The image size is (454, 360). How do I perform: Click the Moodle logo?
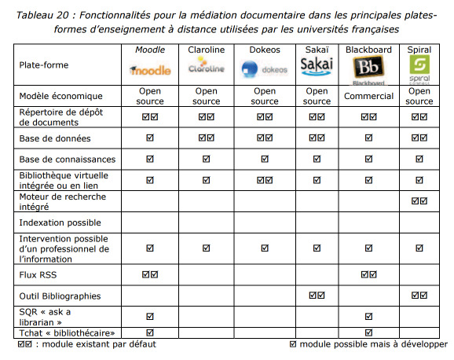150,70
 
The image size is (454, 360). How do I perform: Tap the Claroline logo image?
206,65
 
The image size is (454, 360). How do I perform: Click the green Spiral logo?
419,68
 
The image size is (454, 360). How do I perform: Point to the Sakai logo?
317,66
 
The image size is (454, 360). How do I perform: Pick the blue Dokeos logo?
264,70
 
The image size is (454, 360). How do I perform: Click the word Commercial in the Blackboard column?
368,96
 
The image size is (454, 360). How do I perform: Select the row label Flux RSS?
38,275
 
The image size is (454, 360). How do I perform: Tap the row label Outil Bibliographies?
60,296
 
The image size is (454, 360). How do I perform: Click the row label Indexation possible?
60,222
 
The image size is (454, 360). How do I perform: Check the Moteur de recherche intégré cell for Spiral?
419,201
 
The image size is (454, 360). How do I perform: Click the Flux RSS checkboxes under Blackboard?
368,274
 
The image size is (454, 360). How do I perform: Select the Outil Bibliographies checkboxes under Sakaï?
317,296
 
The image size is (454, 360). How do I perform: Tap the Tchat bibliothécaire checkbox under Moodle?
150,332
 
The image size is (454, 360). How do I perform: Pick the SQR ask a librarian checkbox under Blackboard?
368,316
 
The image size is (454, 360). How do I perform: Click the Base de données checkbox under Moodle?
150,138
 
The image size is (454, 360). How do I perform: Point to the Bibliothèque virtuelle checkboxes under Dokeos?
265,180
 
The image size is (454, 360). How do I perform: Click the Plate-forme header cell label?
44,65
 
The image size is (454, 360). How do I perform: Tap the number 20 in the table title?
63,15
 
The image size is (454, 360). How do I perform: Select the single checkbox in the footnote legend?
293,344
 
